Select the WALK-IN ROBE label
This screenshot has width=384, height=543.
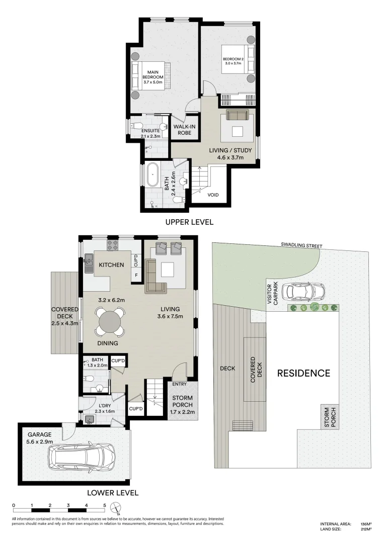click(184, 130)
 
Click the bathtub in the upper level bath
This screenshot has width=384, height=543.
click(152, 175)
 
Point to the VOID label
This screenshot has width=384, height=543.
click(213, 195)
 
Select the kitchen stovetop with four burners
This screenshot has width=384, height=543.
click(112, 245)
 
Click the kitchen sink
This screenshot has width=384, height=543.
click(88, 262)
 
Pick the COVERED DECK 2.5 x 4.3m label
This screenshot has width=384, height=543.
click(65, 316)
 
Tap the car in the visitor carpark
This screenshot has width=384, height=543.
click(303, 291)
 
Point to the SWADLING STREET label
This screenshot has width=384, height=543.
click(301, 246)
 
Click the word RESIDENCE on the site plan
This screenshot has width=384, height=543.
click(303, 373)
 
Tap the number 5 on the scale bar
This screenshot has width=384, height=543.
click(104, 505)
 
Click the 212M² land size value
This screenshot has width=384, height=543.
click(365, 528)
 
